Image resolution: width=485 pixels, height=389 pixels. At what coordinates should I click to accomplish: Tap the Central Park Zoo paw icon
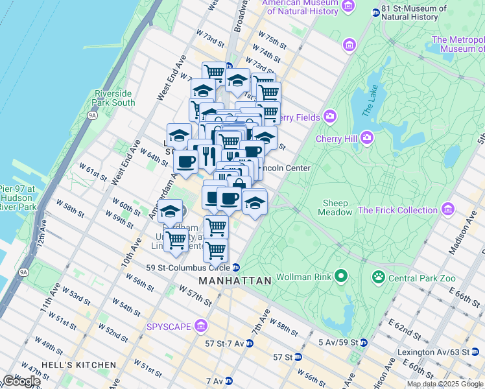click(x=378, y=277)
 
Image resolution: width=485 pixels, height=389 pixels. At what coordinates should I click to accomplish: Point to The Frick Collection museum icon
click(x=447, y=209)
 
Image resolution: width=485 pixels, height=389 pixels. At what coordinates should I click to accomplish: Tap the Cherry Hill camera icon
click(x=367, y=138)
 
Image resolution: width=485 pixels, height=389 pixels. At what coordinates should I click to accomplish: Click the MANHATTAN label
click(x=235, y=281)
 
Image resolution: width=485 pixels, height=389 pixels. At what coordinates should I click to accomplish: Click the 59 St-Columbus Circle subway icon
click(x=237, y=267)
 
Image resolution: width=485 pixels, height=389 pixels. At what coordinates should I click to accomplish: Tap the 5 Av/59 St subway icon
click(x=363, y=342)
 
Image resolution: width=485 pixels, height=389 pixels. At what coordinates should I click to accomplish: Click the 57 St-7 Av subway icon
click(x=250, y=343)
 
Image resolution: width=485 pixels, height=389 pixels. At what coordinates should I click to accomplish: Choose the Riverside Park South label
click(x=115, y=98)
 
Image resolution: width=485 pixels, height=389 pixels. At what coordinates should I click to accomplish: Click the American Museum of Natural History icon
click(x=348, y=6)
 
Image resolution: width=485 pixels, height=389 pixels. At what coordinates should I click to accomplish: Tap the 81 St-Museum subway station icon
click(x=375, y=12)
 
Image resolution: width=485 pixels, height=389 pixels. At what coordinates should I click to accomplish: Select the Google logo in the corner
click(x=21, y=381)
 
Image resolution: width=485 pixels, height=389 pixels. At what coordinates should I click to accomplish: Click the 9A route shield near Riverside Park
click(x=92, y=115)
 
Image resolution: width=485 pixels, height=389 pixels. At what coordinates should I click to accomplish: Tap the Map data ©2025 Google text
click(x=445, y=384)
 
